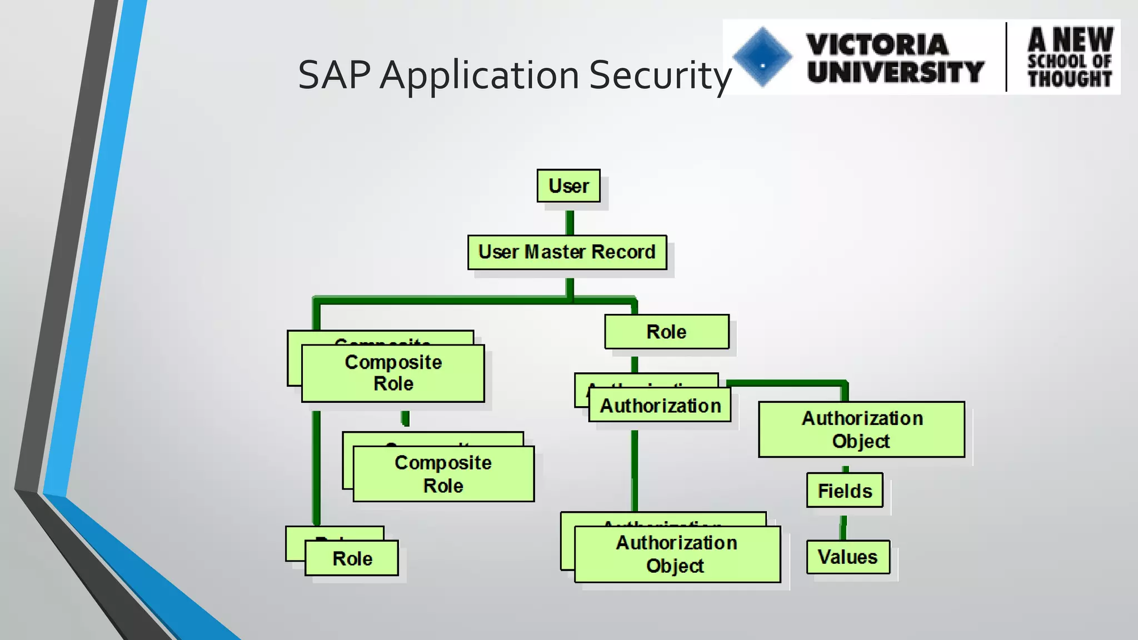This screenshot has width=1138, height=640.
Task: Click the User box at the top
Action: pyautogui.click(x=568, y=186)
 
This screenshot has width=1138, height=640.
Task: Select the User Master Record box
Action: pyautogui.click(x=567, y=252)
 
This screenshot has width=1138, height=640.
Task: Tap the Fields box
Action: pyautogui.click(x=845, y=491)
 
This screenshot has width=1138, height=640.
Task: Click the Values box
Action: pyautogui.click(x=848, y=557)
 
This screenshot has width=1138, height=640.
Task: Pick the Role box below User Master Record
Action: pyautogui.click(x=667, y=332)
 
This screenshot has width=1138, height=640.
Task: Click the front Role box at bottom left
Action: pyautogui.click(x=352, y=558)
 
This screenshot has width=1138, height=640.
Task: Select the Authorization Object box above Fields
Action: pyautogui.click(x=861, y=429)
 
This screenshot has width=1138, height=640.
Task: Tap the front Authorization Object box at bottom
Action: pyautogui.click(x=677, y=554)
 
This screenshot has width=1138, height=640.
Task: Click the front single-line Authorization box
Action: pyautogui.click(x=660, y=406)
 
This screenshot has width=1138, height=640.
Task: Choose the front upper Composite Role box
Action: pyautogui.click(x=393, y=373)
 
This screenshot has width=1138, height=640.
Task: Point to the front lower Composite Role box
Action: pyautogui.click(x=443, y=474)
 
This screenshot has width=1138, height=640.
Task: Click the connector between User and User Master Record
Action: pyautogui.click(x=570, y=222)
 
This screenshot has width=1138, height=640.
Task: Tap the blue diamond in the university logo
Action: pyautogui.click(x=762, y=57)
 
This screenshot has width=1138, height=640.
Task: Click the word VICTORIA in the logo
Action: pyautogui.click(x=877, y=44)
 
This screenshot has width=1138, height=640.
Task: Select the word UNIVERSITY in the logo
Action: pyautogui.click(x=895, y=72)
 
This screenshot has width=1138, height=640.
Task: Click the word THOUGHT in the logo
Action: pyautogui.click(x=1070, y=78)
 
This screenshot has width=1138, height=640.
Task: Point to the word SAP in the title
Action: pyautogui.click(x=334, y=75)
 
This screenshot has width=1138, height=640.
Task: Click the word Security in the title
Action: pyautogui.click(x=660, y=75)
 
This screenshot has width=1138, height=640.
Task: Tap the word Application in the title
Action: pyautogui.click(x=480, y=75)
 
